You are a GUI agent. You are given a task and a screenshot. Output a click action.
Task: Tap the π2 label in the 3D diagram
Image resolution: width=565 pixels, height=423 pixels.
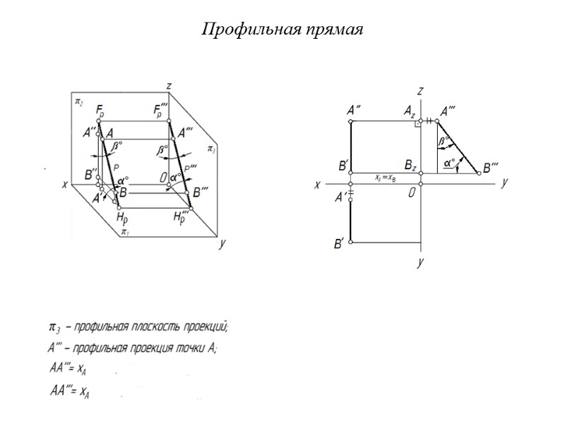click(78, 102)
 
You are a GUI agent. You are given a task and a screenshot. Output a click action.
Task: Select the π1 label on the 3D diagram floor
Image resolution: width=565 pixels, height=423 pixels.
click(124, 231)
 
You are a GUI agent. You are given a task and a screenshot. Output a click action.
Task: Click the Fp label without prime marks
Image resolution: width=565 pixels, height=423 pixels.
click(100, 111)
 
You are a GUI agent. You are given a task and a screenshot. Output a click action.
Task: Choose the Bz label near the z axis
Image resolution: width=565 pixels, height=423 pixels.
click(410, 165)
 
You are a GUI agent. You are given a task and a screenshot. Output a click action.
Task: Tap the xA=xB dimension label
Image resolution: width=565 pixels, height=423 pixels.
click(385, 178)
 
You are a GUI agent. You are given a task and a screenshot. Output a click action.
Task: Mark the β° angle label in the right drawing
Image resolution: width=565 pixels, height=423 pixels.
click(444, 141)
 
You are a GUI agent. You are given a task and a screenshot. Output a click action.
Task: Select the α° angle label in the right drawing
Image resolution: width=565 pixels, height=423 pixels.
click(448, 164)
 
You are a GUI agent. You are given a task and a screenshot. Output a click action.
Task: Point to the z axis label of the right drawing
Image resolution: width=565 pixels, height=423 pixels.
click(420, 91)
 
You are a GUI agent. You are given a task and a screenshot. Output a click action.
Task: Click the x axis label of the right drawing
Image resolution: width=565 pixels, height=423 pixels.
click(318, 185)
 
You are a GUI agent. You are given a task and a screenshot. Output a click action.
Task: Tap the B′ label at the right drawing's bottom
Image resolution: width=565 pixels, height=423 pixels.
click(339, 244)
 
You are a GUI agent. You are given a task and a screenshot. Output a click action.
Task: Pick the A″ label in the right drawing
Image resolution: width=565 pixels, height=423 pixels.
click(355, 110)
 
